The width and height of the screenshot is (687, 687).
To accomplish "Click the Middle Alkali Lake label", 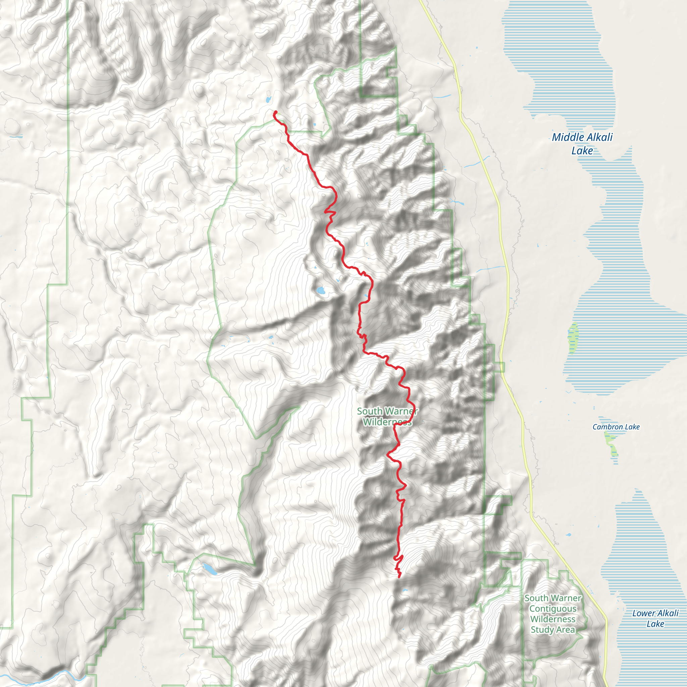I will tap(582, 144).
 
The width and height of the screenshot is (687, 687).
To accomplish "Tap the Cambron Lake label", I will tap(616, 427).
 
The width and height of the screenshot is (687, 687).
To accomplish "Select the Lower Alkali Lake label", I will tap(655, 618).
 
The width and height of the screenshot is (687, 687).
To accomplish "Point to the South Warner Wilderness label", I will tap(387, 416).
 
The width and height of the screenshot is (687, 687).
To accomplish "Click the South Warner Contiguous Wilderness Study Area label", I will tap(553, 614).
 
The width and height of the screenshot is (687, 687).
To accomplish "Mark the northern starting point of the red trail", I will tap(276, 112).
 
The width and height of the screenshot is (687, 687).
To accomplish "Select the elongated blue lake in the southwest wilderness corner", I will tap(210, 569).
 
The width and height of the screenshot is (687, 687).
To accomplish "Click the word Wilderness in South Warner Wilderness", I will tap(387, 422).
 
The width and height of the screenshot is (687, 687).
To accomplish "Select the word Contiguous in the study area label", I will tap(553, 609).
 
